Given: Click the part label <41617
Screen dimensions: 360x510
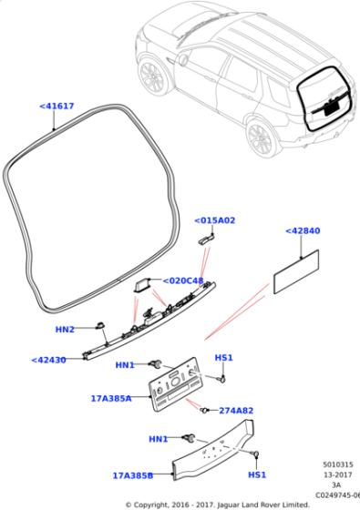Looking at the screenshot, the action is click(57, 106).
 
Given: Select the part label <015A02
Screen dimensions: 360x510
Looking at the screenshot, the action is click(214, 220).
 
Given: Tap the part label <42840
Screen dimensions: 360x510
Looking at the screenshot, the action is click(303, 230).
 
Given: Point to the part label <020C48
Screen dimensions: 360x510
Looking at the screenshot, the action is click(183, 280).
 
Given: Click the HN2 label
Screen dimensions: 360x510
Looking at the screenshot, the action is click(65, 330).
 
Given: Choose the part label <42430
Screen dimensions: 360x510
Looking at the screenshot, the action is click(48, 360).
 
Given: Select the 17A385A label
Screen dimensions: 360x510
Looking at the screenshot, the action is click(111, 399).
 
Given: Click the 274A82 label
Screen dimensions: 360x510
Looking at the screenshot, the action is click(236, 411).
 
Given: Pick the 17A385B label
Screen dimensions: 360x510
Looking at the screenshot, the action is click(133, 475).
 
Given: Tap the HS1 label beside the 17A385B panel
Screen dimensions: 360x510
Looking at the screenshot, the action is click(257, 474).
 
